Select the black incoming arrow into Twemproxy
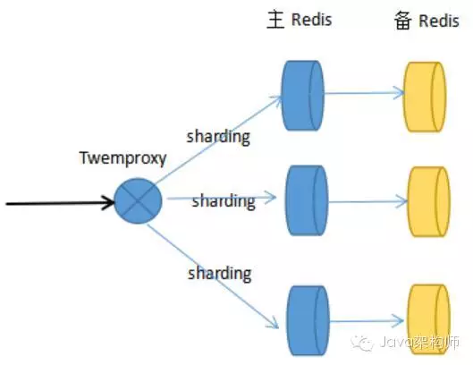click(59, 203)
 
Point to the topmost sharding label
click(218, 137)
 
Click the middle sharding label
click(223, 201)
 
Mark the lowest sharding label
click(218, 272)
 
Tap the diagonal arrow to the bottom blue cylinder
click(215, 259)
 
